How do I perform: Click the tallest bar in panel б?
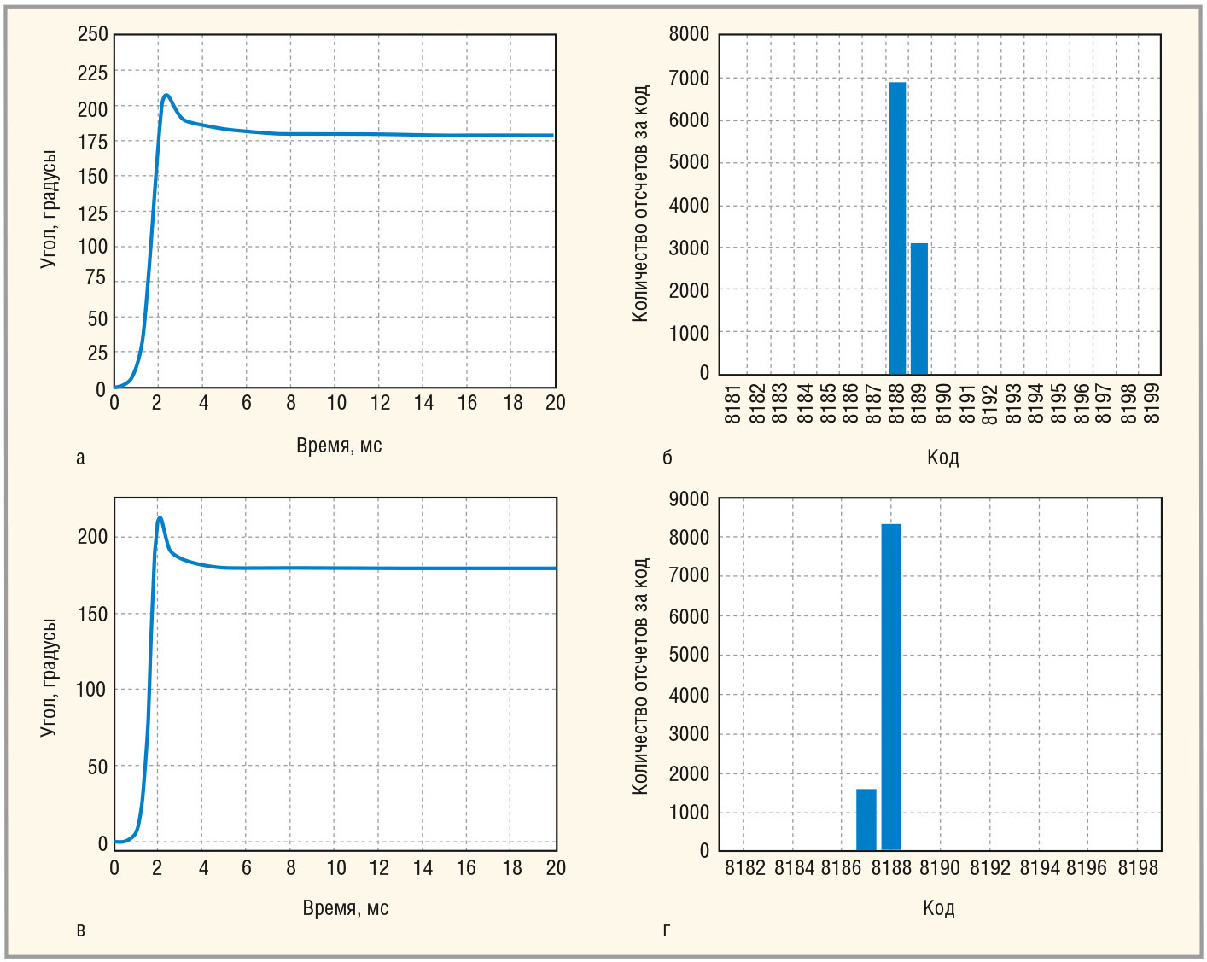[x=896, y=228]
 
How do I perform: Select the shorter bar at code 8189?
[x=918, y=309]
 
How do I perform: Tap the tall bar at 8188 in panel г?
[x=891, y=687]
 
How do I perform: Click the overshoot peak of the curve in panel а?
[x=166, y=95]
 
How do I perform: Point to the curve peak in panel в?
[x=160, y=518]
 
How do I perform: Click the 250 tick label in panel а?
[x=93, y=34]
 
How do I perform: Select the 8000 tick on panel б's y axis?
[x=689, y=34]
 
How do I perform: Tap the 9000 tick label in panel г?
[x=689, y=499]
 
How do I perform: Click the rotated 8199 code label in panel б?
[x=1152, y=404]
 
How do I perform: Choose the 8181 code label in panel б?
[x=732, y=404]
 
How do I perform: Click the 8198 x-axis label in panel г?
[x=1138, y=868]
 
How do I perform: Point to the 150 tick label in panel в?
[x=92, y=614]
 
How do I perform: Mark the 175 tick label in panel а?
[x=93, y=143]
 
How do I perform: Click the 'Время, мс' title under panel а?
[x=339, y=445]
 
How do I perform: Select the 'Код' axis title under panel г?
[x=938, y=907]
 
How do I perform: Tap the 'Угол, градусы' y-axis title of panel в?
[x=49, y=678]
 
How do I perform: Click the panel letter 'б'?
[x=668, y=458]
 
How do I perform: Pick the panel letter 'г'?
[x=667, y=930]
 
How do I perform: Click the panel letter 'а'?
[x=80, y=458]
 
